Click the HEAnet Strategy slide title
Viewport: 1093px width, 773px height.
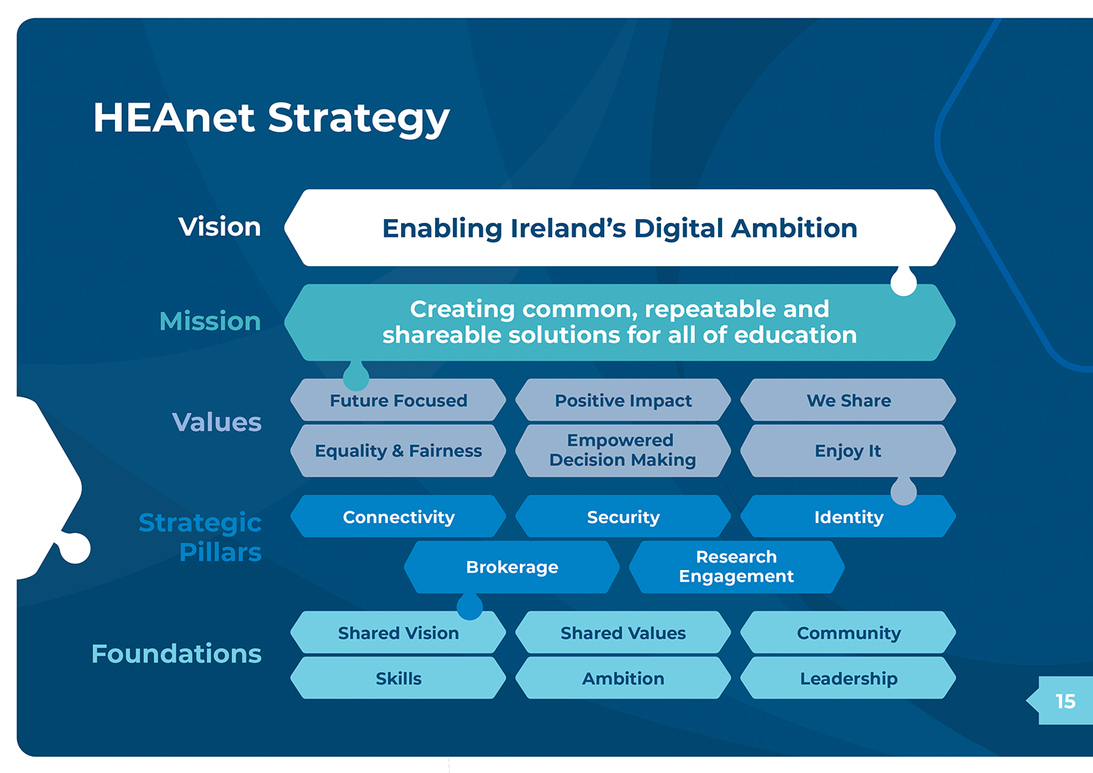point(271,118)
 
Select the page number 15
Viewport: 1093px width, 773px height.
point(1065,700)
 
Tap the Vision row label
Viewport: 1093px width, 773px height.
point(220,227)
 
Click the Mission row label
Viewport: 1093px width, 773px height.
point(210,321)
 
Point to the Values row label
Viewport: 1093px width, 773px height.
point(217,422)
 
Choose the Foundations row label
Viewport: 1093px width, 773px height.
point(177,653)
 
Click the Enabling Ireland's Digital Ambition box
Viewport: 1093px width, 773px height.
point(619,228)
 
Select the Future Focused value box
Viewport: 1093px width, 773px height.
point(398,400)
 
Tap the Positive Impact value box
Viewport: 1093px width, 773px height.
point(623,400)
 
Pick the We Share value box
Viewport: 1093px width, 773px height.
point(848,400)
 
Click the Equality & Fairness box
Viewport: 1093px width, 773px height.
point(398,451)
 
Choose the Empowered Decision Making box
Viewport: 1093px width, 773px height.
point(622,451)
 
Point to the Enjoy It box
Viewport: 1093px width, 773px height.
point(848,451)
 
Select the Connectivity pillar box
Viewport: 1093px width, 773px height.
point(398,517)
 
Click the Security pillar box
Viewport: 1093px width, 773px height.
point(623,517)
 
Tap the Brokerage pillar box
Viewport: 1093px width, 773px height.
point(511,567)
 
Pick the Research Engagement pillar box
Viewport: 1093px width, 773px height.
point(736,567)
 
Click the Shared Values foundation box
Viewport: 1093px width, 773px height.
point(623,633)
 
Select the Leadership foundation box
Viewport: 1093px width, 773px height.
point(848,678)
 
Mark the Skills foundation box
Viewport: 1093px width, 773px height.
point(398,678)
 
